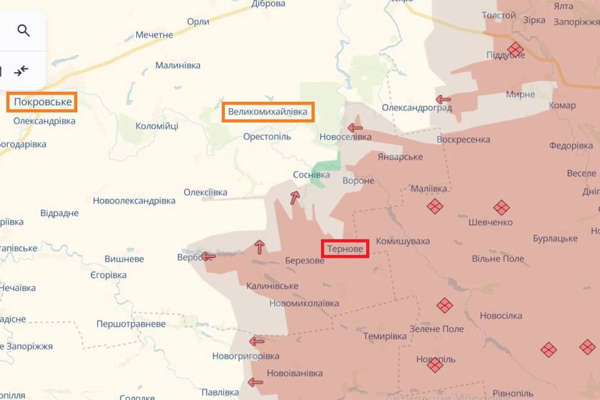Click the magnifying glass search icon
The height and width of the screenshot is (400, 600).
(x=23, y=31)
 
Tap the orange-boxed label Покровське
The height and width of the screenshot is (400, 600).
(x=42, y=102)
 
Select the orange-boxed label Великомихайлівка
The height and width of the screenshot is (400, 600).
(x=267, y=111)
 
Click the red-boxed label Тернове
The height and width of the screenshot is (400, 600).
(x=345, y=248)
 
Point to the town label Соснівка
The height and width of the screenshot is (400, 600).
(x=311, y=175)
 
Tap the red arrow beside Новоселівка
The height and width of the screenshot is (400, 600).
(x=355, y=127)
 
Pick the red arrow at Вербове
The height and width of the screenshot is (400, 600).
(x=208, y=256)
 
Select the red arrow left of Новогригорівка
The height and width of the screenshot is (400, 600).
(x=256, y=341)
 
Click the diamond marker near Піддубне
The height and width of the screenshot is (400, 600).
(x=515, y=49)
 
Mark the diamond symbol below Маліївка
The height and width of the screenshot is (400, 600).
(x=434, y=206)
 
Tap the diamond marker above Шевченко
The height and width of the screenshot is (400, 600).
(x=501, y=207)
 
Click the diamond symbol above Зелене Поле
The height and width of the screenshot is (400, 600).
(x=444, y=305)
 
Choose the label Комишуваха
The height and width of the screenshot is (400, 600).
(x=402, y=241)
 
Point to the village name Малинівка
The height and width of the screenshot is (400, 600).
(x=177, y=65)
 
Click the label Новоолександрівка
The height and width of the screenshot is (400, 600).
(x=134, y=200)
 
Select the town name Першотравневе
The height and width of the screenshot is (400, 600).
(x=131, y=324)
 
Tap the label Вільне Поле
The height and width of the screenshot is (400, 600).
(x=498, y=258)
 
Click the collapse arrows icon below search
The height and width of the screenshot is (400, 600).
(x=21, y=71)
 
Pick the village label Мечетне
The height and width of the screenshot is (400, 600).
(x=154, y=35)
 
